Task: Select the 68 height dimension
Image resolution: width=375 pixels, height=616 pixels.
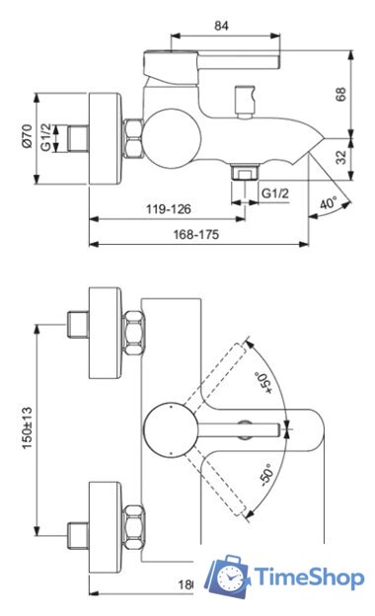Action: point(341,94)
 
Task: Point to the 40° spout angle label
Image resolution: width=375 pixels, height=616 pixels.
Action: point(328,203)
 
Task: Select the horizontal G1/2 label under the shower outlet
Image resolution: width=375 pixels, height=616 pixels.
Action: point(275,192)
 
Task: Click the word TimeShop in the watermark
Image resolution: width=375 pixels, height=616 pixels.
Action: point(309,578)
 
